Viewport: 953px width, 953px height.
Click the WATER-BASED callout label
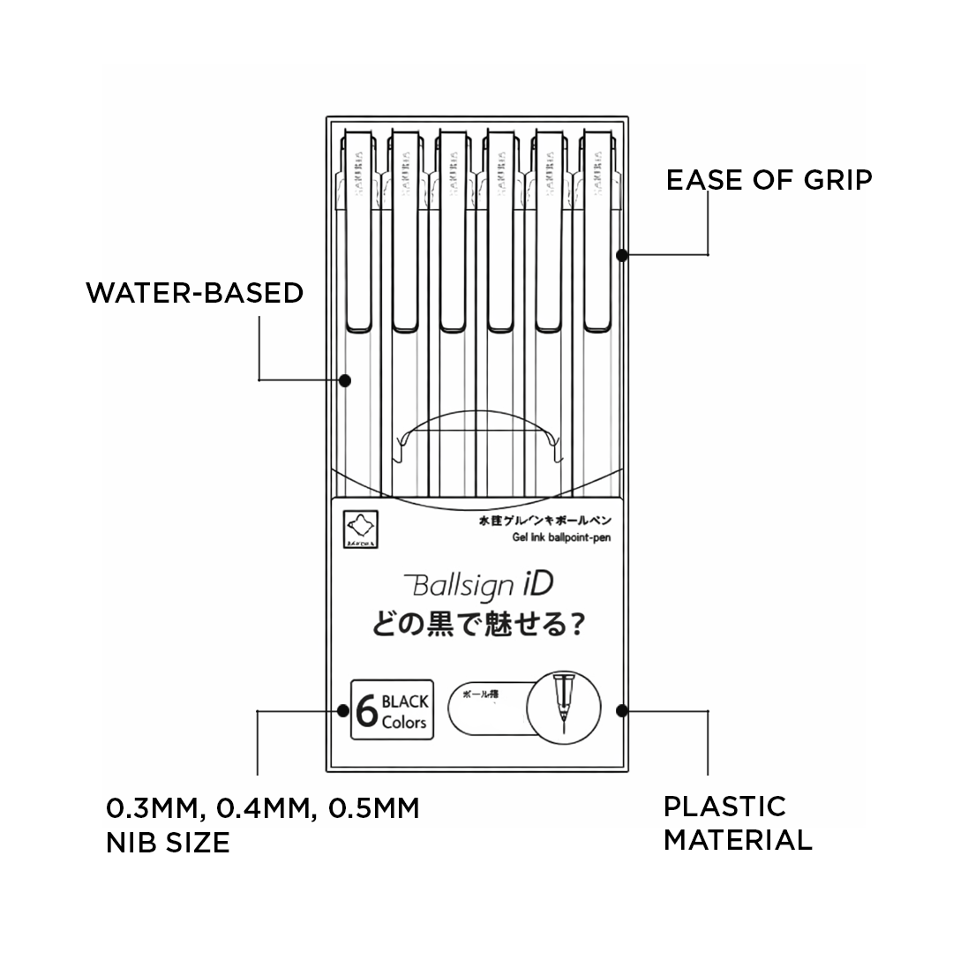point(194,293)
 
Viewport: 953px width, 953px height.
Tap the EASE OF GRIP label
point(769,180)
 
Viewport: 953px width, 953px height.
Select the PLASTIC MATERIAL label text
point(737,822)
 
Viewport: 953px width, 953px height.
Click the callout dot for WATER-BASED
point(345,380)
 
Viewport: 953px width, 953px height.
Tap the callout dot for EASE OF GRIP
point(622,255)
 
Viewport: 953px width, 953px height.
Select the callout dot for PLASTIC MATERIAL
point(622,709)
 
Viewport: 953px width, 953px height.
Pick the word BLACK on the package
point(406,702)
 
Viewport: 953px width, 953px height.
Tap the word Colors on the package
point(404,723)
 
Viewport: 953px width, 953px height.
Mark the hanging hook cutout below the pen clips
point(479,437)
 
